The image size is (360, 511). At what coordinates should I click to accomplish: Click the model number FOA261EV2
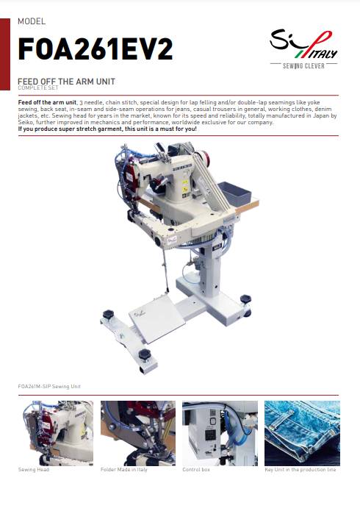95,49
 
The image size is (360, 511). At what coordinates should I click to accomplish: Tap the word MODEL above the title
32,21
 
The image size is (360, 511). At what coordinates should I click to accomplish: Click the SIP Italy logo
303,45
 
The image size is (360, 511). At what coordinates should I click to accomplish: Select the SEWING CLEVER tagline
303,66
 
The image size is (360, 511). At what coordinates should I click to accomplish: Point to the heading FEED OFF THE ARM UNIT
66,82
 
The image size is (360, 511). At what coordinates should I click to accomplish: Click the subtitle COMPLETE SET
38,87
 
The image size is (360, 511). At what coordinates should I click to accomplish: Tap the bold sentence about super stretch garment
107,129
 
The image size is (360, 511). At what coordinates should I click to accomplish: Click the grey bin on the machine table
234,192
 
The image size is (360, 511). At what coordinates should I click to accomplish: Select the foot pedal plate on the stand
157,318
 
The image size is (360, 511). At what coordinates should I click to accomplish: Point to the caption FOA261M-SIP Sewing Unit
49,387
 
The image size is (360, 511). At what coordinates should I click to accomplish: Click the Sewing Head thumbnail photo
56,433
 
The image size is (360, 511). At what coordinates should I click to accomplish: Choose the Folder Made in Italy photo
138,433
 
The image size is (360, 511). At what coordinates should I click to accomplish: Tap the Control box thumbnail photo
220,433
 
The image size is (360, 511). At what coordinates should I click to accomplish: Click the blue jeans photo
302,433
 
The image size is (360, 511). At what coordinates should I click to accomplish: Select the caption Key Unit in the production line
300,470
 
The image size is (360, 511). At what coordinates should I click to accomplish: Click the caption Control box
196,470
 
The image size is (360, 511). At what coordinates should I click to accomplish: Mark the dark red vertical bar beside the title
5,54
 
